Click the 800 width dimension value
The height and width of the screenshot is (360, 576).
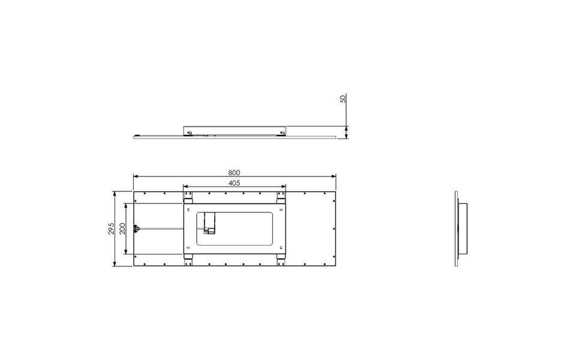tap(234, 172)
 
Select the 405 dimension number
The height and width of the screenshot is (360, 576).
tap(234, 182)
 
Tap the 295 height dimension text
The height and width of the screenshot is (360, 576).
tap(112, 229)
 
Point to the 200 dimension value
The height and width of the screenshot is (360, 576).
tap(122, 229)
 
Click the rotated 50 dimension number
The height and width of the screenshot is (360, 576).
tap(343, 99)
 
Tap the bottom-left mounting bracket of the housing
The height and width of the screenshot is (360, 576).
tap(188, 259)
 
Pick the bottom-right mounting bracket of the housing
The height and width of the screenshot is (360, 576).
tap(281, 259)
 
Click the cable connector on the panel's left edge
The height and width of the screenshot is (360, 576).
tap(136, 229)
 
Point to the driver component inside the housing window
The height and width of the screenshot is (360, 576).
tap(209, 223)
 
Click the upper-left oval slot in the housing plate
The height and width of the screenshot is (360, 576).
tap(188, 211)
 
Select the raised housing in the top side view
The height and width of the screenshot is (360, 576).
tap(235, 130)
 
